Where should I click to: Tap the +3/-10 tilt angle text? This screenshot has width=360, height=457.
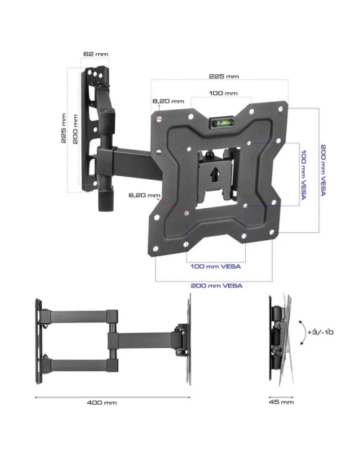pos(320,332)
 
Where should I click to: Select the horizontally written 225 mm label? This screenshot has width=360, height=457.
pos(224,76)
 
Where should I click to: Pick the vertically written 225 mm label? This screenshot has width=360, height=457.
pos(65,128)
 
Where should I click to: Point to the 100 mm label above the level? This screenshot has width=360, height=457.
pos(223,93)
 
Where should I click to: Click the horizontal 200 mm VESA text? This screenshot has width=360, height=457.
pos(216,285)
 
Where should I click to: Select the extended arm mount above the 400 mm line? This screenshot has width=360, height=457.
pos(113,339)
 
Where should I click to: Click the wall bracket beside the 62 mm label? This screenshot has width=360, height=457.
pos(100,131)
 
